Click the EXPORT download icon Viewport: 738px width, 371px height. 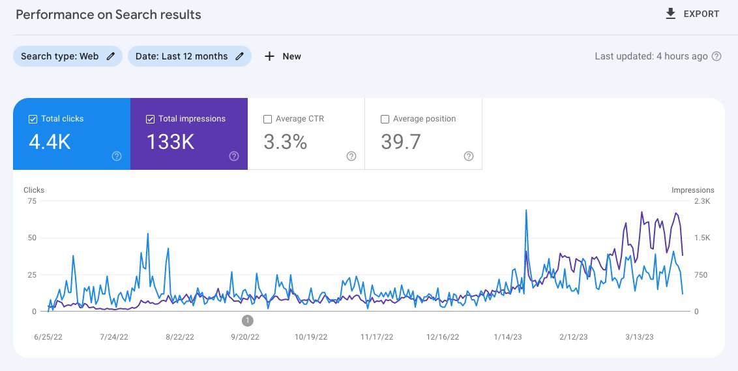click(x=671, y=14)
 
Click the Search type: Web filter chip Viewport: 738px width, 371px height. click(x=68, y=56)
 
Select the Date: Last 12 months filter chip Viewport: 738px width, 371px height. click(x=189, y=56)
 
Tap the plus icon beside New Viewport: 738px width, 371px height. click(x=269, y=57)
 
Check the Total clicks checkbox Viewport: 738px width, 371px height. click(x=33, y=120)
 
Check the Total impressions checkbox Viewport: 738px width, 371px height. click(x=150, y=120)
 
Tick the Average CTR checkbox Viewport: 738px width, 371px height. click(x=267, y=120)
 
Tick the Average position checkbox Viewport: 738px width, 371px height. click(x=385, y=120)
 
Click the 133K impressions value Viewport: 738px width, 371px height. click(x=170, y=142)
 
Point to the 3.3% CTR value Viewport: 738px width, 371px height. click(x=285, y=142)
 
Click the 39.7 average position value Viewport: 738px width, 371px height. click(x=400, y=142)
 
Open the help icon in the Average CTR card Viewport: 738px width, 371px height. click(x=351, y=156)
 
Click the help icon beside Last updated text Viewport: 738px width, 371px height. click(x=716, y=57)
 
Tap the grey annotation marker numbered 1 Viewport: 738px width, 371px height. click(x=248, y=321)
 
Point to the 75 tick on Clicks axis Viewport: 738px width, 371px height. click(x=32, y=201)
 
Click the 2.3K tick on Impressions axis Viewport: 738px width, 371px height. click(x=701, y=201)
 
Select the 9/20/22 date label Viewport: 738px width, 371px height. click(x=244, y=337)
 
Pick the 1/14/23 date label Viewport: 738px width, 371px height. click(x=508, y=337)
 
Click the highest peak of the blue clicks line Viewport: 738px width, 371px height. click(x=525, y=210)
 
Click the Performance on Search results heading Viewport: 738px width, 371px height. click(x=108, y=14)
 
